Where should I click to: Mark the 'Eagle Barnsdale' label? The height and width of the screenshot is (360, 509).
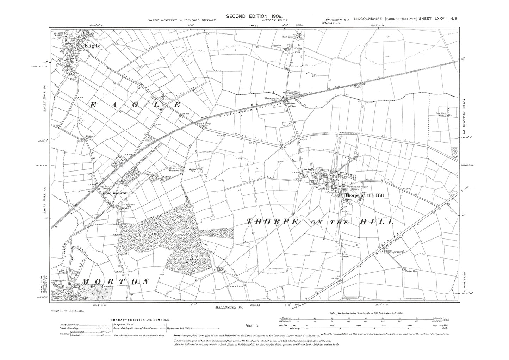pyautogui.click(x=112, y=193)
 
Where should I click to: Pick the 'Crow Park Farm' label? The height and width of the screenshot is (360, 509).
pyautogui.click(x=442, y=114)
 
